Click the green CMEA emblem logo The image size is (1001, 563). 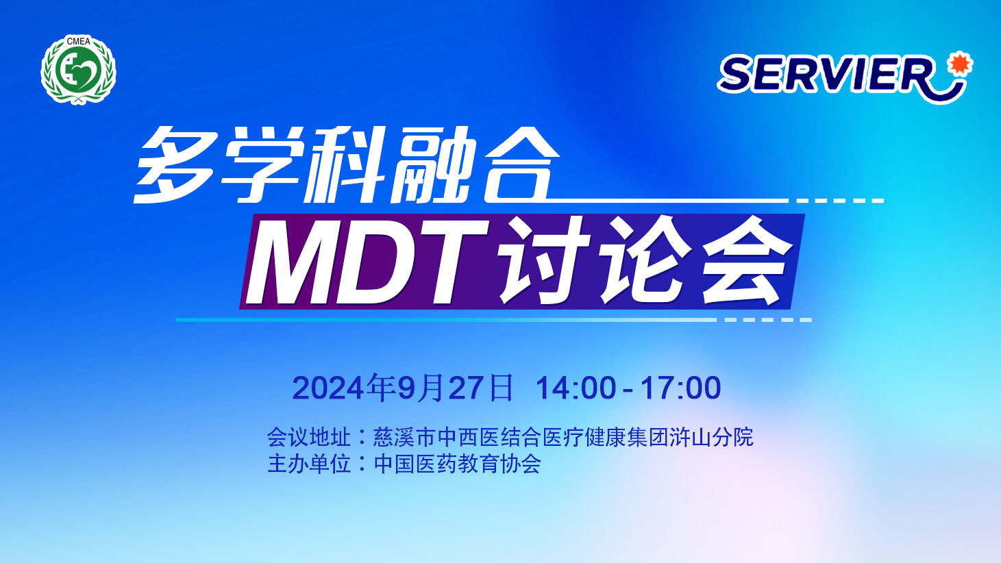tap(78, 70)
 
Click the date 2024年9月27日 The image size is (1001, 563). tap(403, 388)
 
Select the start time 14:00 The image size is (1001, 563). tap(576, 388)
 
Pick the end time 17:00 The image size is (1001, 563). tap(681, 388)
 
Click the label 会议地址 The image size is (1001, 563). tap(308, 437)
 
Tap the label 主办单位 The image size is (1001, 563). tap(308, 464)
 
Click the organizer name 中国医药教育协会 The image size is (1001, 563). tap(457, 464)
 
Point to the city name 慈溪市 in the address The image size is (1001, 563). tap(404, 437)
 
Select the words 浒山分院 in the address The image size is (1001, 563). tap(711, 437)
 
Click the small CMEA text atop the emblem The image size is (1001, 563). tap(78, 42)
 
